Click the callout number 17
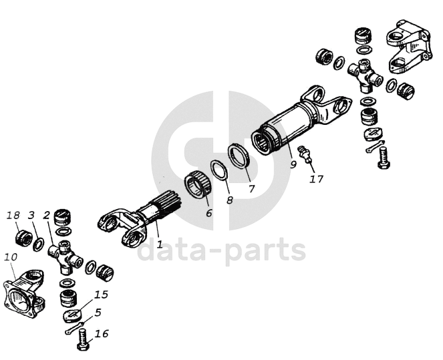pos(316,179)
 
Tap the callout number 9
pos(293,164)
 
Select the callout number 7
pos(251,188)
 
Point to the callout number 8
pos(230,200)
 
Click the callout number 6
pos(208,213)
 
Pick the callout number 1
pos(160,244)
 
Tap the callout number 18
pos(13,216)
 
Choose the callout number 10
pos(11,257)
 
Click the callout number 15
pos(101,295)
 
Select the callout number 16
pos(102,333)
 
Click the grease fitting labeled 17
pos(305,154)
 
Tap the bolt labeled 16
pos(84,340)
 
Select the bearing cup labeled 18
pos(23,238)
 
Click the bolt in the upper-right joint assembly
pos(384,158)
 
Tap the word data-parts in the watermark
pos(221,250)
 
